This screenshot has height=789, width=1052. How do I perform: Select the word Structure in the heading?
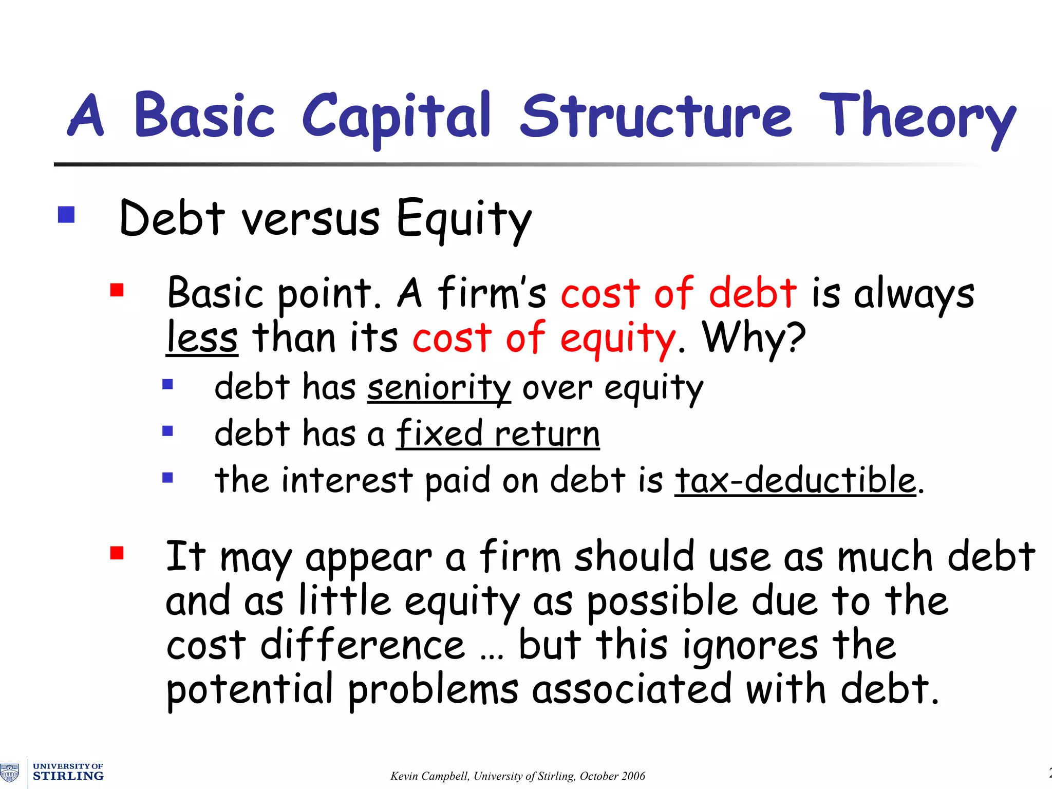pos(656,116)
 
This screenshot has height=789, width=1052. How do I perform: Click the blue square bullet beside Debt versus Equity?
pos(66,214)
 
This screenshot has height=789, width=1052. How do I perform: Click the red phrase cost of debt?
pos(679,293)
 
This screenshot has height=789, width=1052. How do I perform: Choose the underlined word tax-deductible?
pos(795,481)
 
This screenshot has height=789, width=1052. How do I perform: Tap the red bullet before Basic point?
pos(117,291)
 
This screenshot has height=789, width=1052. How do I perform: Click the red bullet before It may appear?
pos(117,553)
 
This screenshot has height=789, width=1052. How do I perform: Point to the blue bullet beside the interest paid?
pos(167,478)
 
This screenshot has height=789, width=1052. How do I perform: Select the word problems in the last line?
pos(433,690)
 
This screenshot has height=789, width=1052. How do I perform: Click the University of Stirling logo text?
pos(68,772)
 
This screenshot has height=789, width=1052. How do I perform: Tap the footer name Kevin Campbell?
pos(429,776)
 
